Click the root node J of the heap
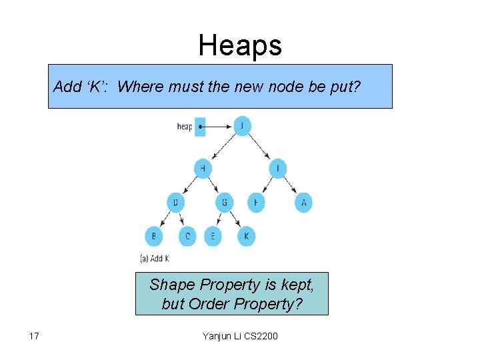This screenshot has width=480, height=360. click(242, 125)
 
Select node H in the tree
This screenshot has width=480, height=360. click(203, 168)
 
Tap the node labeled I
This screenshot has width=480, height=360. click(278, 168)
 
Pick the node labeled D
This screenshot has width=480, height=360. click(175, 201)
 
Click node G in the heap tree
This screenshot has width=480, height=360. click(225, 201)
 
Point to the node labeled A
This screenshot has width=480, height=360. click(303, 201)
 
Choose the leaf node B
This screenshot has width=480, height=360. click(154, 236)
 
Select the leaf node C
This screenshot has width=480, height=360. click(187, 236)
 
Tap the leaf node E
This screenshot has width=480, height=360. click(213, 236)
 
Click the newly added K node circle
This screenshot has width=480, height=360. click(246, 236)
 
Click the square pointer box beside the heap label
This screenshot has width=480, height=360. click(200, 126)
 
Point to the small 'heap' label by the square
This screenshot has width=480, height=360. click(184, 126)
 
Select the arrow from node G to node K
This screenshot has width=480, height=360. click(235, 219)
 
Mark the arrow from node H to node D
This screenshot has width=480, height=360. click(189, 185)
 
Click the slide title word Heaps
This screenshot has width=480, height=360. click(240, 45)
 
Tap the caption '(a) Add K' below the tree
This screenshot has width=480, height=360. click(154, 258)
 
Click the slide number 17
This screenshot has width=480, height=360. click(35, 335)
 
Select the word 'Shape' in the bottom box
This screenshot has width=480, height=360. click(171, 285)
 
